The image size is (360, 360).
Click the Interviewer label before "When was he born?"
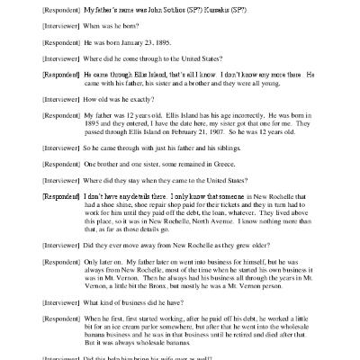40,27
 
